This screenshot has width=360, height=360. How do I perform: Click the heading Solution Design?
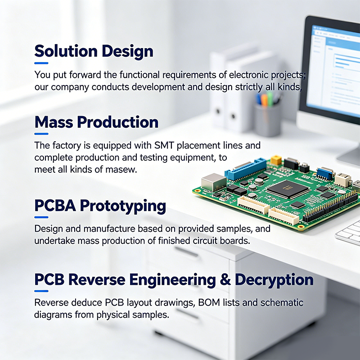click(x=94, y=51)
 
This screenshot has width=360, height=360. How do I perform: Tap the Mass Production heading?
click(x=96, y=122)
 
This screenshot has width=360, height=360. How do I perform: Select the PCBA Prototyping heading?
click(x=100, y=206)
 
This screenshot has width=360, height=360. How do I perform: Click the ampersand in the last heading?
click(x=225, y=279)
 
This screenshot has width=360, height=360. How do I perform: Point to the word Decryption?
click(x=274, y=280)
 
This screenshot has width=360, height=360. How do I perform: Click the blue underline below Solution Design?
click(x=41, y=63)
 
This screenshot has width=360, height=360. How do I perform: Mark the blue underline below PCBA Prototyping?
click(x=41, y=217)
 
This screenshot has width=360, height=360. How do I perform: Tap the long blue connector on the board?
click(x=245, y=169)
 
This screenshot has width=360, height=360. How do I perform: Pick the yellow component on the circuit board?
click(x=276, y=160)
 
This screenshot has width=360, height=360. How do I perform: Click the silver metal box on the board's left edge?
click(x=214, y=182)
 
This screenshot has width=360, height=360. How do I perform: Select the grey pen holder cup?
click(x=267, y=119)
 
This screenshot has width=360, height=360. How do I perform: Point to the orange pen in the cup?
click(x=265, y=100)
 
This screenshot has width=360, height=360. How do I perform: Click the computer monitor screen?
click(x=333, y=69)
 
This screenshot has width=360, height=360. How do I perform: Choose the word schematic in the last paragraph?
click(x=282, y=302)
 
